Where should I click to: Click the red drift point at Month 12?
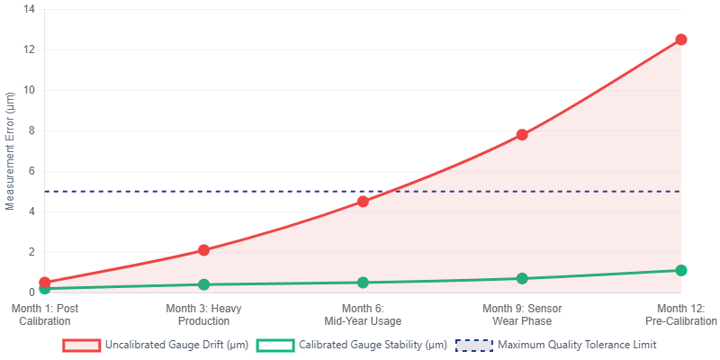pyautogui.click(x=680, y=40)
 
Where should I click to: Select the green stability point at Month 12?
pyautogui.click(x=680, y=270)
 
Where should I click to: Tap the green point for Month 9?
pyautogui.click(x=522, y=278)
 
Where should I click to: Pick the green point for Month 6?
pyautogui.click(x=363, y=283)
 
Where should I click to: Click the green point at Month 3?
pyautogui.click(x=203, y=284)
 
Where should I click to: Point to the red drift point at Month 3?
pyautogui.click(x=203, y=250)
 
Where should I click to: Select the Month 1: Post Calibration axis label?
pyautogui.click(x=45, y=315)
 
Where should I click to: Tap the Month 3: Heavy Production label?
pyautogui.click(x=203, y=315)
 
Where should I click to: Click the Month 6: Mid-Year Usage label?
pyautogui.click(x=363, y=315)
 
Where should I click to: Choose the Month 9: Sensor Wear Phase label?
pyautogui.click(x=522, y=315)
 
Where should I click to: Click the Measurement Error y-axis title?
pyautogui.click(x=11, y=150)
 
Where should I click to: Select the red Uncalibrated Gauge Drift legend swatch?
pyautogui.click(x=82, y=345)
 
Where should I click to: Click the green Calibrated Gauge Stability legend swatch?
pyautogui.click(x=275, y=345)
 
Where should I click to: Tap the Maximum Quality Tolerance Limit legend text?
pyautogui.click(x=577, y=345)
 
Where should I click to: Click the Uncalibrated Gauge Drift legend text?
pyautogui.click(x=176, y=345)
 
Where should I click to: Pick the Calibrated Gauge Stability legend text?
pyautogui.click(x=373, y=345)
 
